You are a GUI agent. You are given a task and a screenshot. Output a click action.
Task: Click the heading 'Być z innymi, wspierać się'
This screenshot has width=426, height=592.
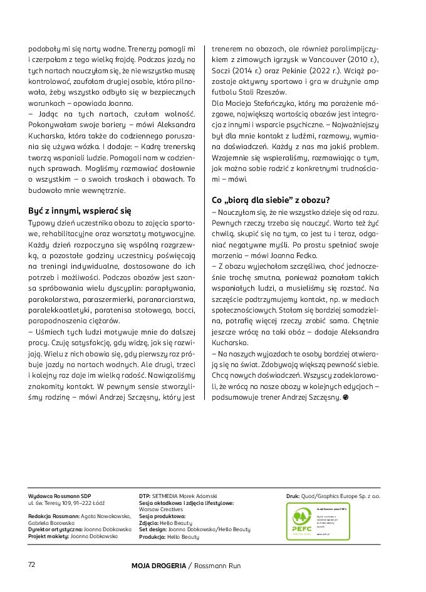tap(80, 210)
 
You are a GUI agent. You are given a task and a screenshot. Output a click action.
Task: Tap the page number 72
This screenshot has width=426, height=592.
tap(32, 564)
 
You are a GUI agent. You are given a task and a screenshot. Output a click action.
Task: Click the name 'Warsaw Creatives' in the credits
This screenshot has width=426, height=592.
tap(161, 509)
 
